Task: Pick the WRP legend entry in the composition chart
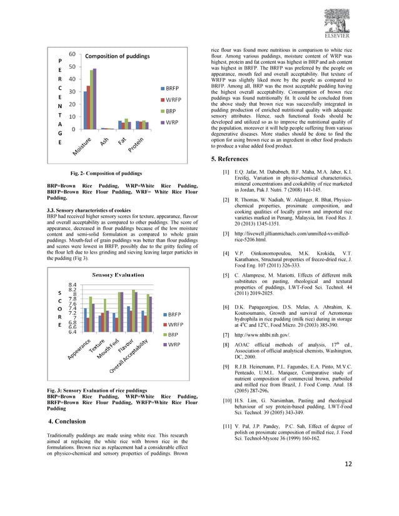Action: coord(173,122)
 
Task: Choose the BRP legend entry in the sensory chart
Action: coord(173,334)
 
